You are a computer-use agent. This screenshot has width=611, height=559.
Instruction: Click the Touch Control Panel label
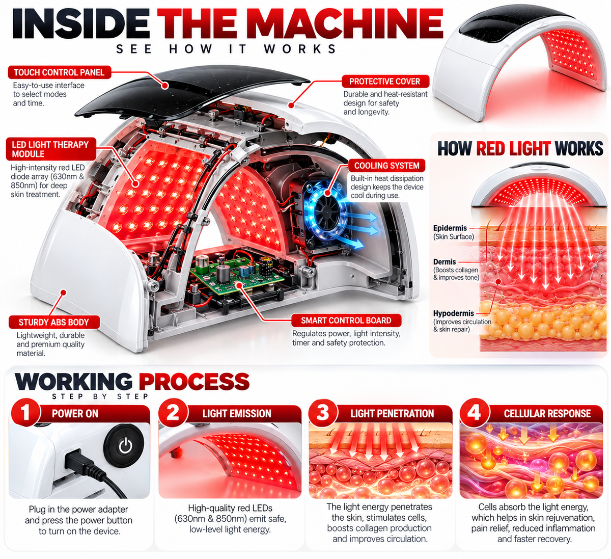point(60,72)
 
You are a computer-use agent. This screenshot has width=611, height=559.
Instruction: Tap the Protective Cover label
point(385,82)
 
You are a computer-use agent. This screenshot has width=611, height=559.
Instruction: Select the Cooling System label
point(386,166)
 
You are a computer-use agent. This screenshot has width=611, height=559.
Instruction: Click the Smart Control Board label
point(346,321)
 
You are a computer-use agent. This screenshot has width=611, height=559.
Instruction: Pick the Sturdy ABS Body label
point(54,323)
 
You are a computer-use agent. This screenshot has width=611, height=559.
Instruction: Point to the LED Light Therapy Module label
point(50,149)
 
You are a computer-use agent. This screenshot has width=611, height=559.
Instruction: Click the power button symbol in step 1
point(125,446)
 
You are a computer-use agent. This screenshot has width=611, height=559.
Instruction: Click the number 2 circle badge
point(173,413)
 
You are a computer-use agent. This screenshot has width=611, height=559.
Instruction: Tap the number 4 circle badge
point(474,413)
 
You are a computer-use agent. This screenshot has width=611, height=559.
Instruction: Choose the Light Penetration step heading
point(392,414)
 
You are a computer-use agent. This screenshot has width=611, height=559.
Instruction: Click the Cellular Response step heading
point(547,414)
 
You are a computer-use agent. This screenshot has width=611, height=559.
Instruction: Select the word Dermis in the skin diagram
point(445,261)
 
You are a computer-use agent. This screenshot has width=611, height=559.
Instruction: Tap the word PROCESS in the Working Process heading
point(194,382)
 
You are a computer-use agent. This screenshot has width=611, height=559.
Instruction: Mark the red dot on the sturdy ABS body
point(63,292)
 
